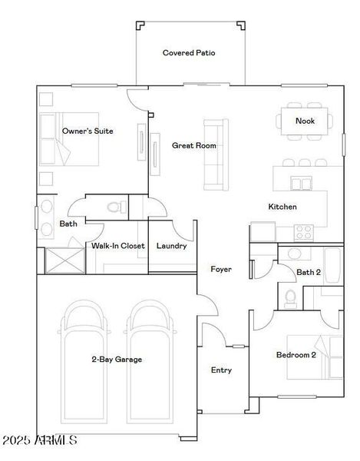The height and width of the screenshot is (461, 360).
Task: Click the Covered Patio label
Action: pos(188,53)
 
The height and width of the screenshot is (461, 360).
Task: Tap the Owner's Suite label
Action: pos(88,131)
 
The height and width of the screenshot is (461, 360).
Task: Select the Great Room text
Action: pos(193,145)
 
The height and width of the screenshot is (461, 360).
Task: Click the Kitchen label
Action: pos(282,207)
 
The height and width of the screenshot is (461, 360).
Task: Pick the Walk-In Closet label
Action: pos(118,246)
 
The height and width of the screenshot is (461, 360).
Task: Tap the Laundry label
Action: pos(171,246)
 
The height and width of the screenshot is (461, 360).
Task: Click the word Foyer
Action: pos(221,269)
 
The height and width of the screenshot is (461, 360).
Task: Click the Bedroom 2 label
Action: pos(296,355)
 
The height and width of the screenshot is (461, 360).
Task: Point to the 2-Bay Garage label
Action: pos(117,359)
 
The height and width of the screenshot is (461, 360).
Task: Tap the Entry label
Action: pos(221,370)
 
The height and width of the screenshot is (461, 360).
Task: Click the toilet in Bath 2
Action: pos(291,297)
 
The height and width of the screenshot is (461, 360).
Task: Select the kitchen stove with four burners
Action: pos(303,230)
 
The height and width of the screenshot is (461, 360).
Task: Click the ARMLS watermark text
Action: pos(39,440)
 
